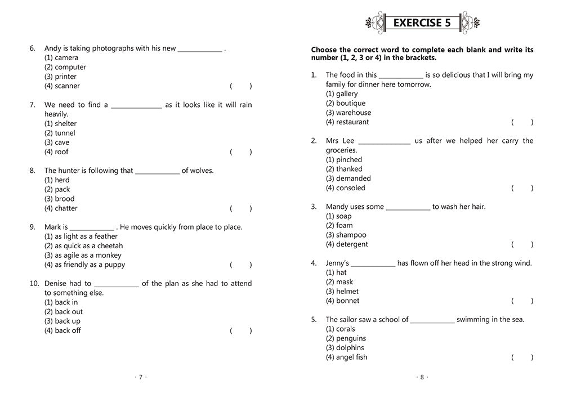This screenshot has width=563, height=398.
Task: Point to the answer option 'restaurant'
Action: [347, 122]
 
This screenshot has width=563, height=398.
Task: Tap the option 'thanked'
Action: [344, 169]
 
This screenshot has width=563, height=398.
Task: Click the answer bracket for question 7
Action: [241, 152]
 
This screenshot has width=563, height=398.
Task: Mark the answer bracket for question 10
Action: [241, 330]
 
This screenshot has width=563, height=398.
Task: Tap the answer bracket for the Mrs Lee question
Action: [522, 188]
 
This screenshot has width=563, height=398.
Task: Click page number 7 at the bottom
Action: [140, 377]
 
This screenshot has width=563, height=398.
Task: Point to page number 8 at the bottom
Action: [422, 377]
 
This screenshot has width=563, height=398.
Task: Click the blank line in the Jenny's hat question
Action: [373, 263]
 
